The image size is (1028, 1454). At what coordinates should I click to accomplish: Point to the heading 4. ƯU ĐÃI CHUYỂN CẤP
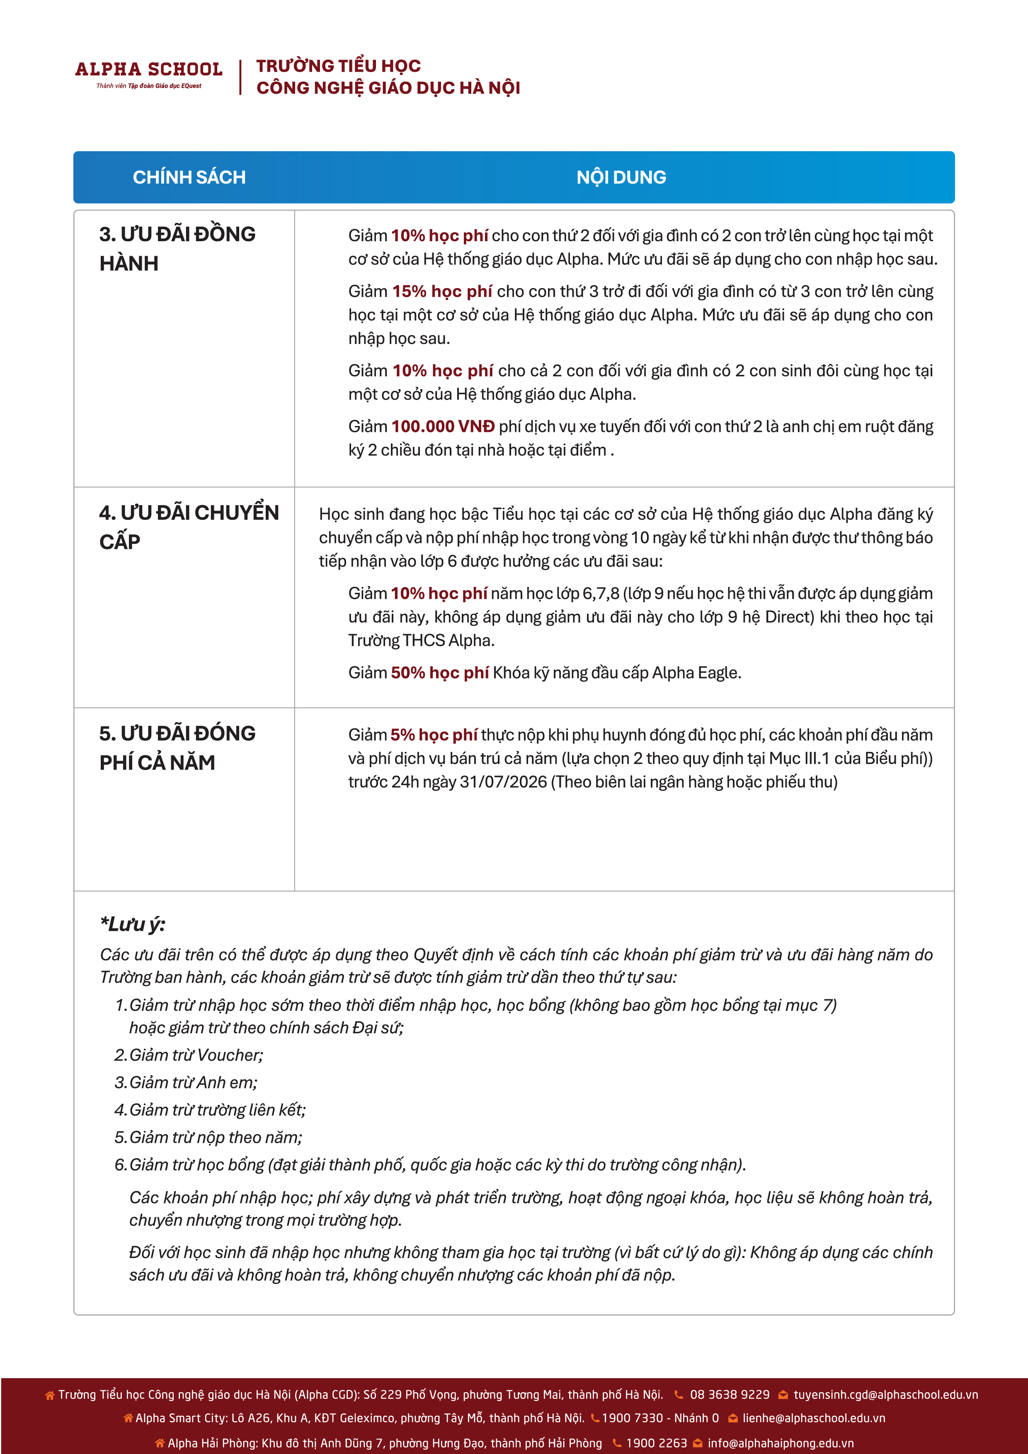coord(188,526)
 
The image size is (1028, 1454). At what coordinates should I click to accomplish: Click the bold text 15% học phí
coord(441,291)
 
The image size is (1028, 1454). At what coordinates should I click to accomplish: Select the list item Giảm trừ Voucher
coord(196,1055)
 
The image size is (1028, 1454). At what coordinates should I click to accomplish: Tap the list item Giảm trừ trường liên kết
coord(217,1110)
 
